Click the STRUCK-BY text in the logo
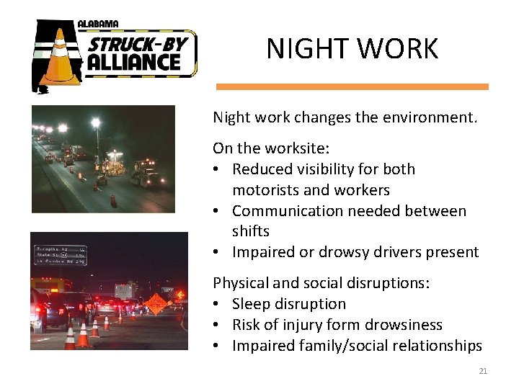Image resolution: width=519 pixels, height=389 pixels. pos(138,45)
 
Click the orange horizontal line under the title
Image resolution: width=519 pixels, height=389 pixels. pos(352,86)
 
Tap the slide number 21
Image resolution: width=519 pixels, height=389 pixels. pos(483,371)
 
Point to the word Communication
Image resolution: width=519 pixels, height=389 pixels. pos(286,211)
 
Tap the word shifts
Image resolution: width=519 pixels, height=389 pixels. pos(250,231)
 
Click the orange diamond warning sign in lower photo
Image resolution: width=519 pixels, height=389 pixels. pos(155,304)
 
